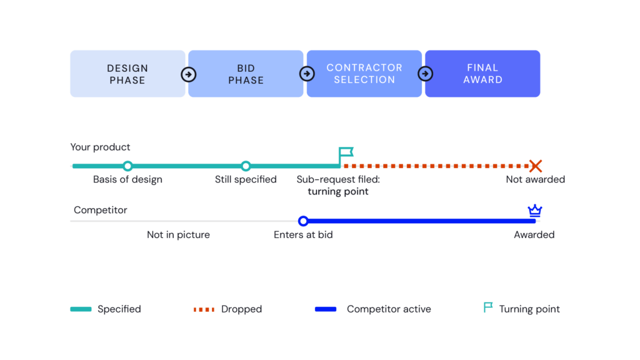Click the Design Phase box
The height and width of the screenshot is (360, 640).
[x=127, y=74]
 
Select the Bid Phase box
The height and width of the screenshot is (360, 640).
[x=246, y=74]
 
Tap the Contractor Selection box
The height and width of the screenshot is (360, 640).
[x=364, y=74]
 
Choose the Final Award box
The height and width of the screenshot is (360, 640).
[x=482, y=74]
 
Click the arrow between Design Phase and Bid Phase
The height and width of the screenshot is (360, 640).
[x=189, y=74]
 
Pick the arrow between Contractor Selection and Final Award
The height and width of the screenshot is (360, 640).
[x=425, y=74]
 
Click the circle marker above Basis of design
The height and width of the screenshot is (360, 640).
[x=127, y=166]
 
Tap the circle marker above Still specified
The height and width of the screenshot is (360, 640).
[x=246, y=166]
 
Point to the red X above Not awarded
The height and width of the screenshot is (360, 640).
[x=536, y=166]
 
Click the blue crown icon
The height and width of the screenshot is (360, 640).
[x=535, y=211]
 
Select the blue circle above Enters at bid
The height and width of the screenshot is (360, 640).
[x=303, y=221]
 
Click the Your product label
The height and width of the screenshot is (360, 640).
[x=100, y=147]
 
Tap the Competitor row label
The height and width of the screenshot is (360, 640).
[x=101, y=210]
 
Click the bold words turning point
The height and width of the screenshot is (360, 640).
[x=338, y=191]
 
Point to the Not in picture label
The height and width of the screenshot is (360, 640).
[x=178, y=235]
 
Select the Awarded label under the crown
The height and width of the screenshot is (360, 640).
[x=534, y=235]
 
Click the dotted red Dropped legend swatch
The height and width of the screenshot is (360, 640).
[x=204, y=309]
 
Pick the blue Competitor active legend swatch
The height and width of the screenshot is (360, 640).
[x=326, y=309]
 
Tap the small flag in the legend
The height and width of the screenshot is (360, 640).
[x=487, y=307]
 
